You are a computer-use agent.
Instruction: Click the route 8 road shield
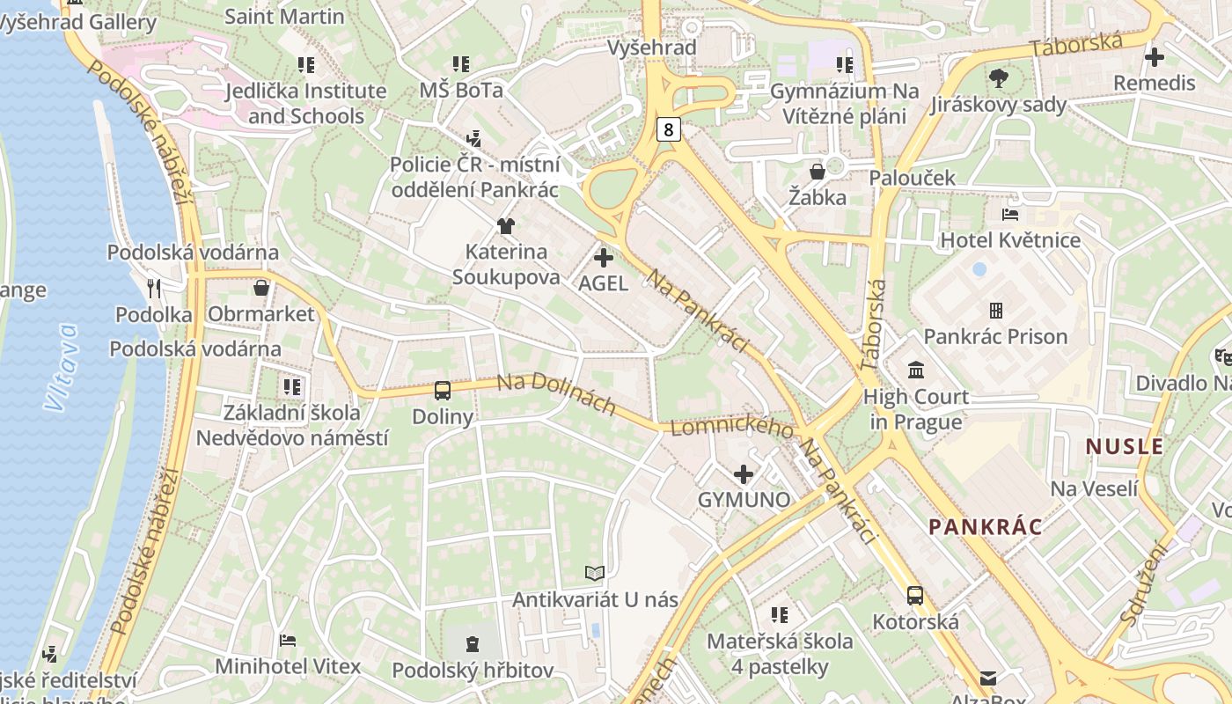coord(669,130)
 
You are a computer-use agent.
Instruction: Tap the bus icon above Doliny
coord(442,390)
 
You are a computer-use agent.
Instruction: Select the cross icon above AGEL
coord(604,258)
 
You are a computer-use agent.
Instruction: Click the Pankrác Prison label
coord(995,336)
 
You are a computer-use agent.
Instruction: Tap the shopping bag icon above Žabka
coord(818,171)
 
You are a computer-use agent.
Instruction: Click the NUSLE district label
coord(1125,446)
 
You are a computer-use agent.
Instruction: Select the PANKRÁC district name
coord(986,527)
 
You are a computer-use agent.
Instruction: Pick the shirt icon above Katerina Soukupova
coord(505,226)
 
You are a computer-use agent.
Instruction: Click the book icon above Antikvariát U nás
coord(595,574)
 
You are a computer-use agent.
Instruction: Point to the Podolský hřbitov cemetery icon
coord(473,644)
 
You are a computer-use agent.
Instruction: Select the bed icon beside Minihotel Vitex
coord(287,641)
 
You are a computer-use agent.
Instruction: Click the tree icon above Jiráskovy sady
coord(999,78)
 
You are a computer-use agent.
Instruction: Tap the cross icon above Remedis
coord(1154,57)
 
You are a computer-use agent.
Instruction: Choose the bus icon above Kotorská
coord(915,596)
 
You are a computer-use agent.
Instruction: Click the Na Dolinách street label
coord(556,394)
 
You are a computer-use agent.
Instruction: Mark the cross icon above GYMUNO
coord(744,474)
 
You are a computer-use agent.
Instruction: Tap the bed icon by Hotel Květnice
coord(1010,214)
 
